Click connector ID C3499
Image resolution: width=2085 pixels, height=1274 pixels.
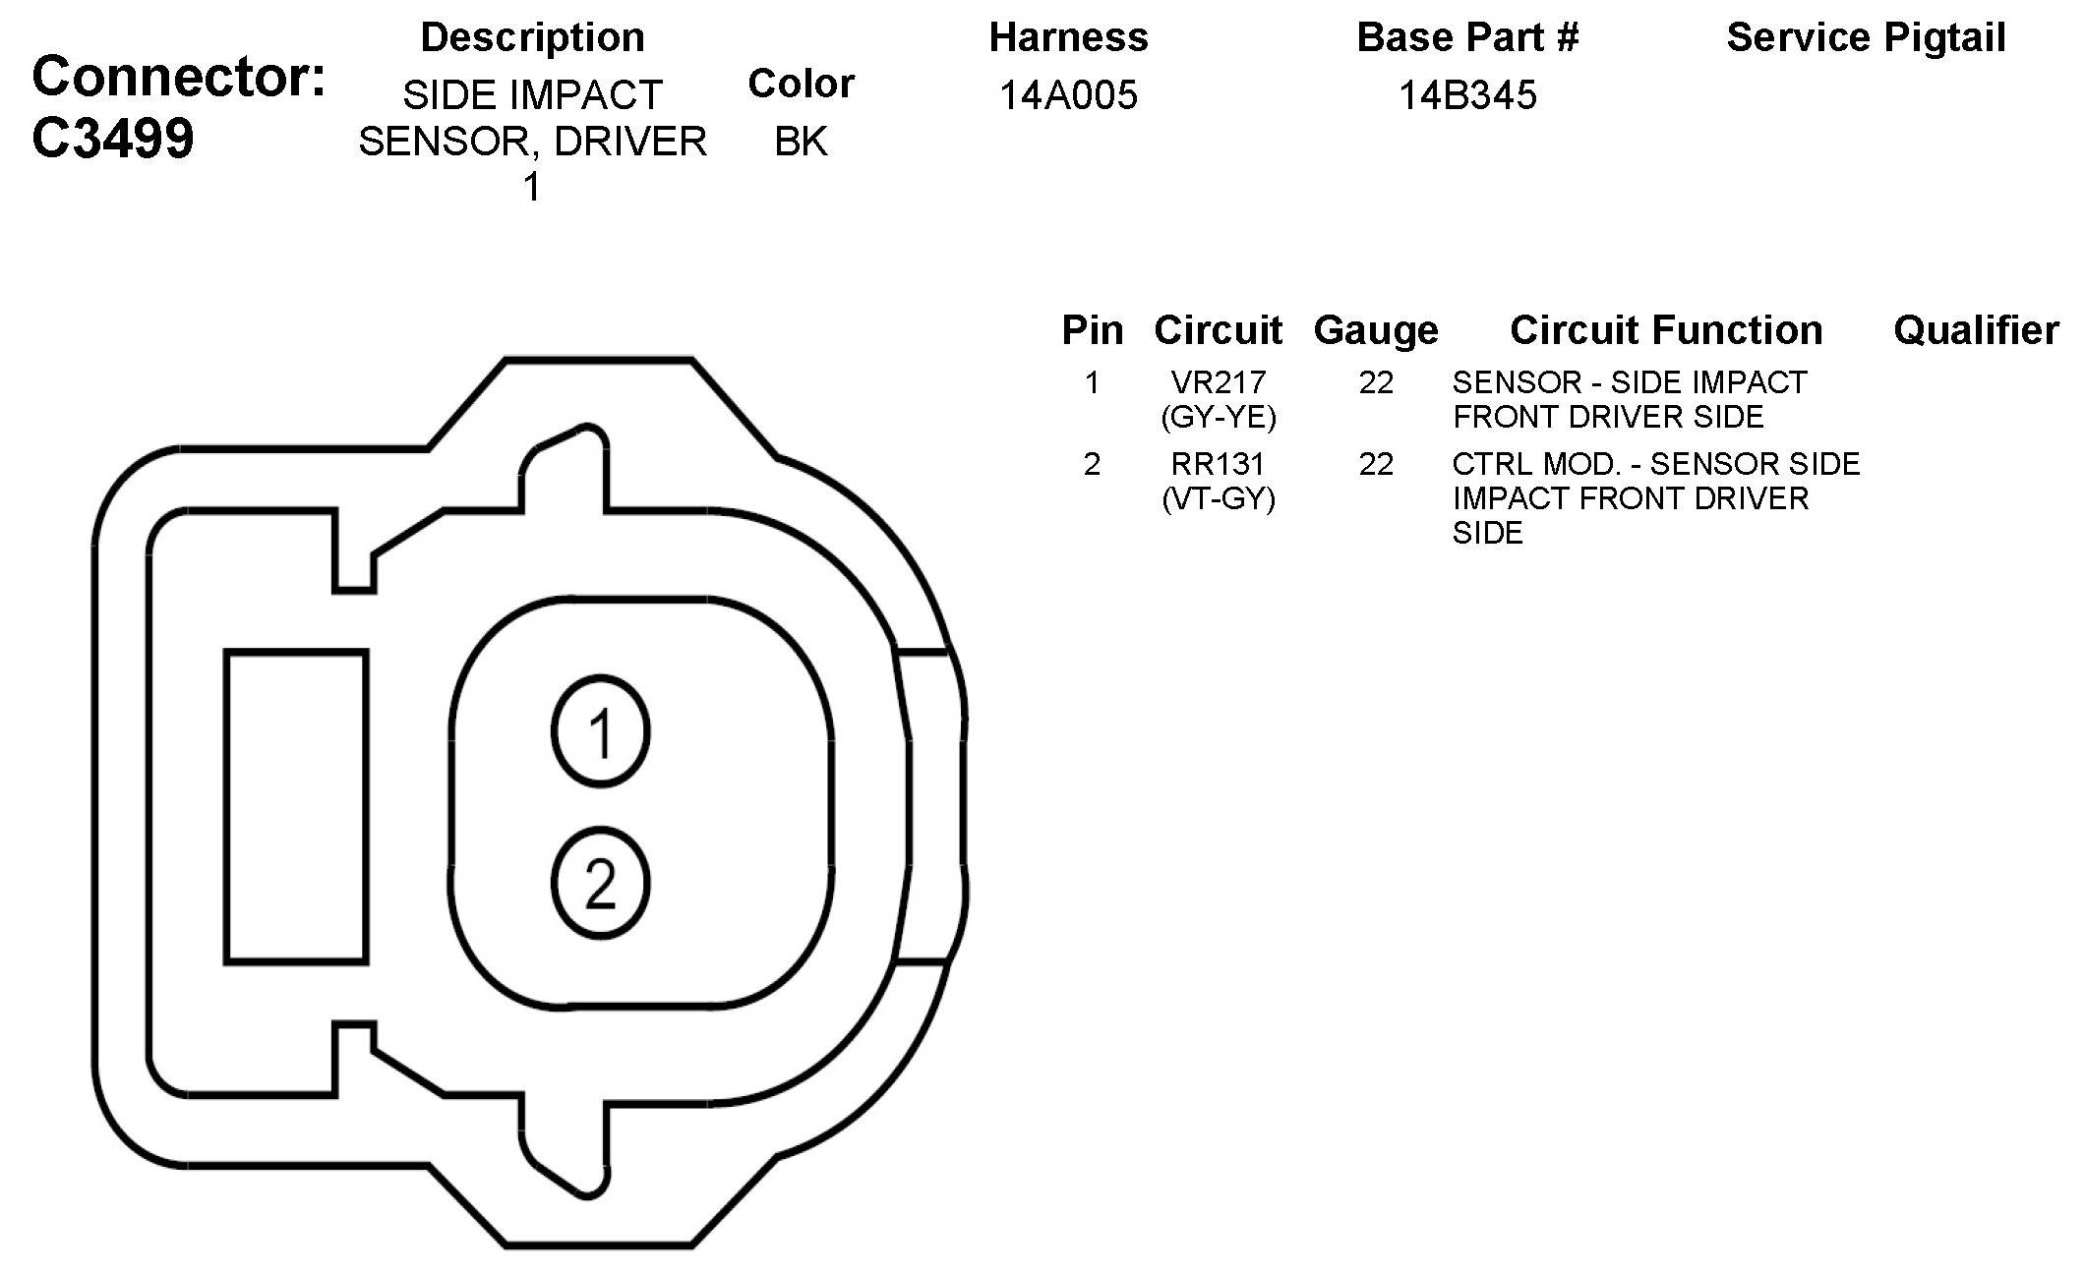tap(113, 139)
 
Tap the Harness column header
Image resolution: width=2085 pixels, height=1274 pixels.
tap(1068, 37)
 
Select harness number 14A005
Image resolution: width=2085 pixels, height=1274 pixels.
tap(1068, 95)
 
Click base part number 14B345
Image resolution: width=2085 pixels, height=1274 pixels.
tap(1467, 95)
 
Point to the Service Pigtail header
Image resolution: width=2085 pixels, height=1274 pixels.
tap(1866, 37)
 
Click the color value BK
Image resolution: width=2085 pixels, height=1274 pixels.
tap(801, 142)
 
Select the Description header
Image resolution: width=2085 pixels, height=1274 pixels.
tap(532, 37)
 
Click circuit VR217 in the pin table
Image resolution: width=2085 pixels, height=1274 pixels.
tap(1219, 381)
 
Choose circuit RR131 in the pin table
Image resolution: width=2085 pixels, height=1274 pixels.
tap(1219, 463)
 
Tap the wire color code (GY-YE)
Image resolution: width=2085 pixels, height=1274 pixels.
tap(1219, 418)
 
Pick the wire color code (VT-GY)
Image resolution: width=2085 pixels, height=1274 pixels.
tap(1219, 499)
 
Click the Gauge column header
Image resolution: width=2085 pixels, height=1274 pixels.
tap(1376, 330)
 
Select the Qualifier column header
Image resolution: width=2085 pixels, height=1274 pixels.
tap(1976, 330)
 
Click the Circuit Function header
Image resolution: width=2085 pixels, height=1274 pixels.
tap(1666, 330)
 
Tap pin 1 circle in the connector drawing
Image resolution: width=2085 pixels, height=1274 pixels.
tap(600, 731)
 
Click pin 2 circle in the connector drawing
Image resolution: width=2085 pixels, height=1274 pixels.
tap(600, 882)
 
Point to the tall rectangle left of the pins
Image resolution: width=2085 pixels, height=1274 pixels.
tap(296, 805)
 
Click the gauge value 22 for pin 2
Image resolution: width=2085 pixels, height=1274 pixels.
tap(1376, 463)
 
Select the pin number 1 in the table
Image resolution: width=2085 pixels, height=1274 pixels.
tap(1092, 381)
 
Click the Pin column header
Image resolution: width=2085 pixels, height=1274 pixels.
tap(1092, 330)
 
